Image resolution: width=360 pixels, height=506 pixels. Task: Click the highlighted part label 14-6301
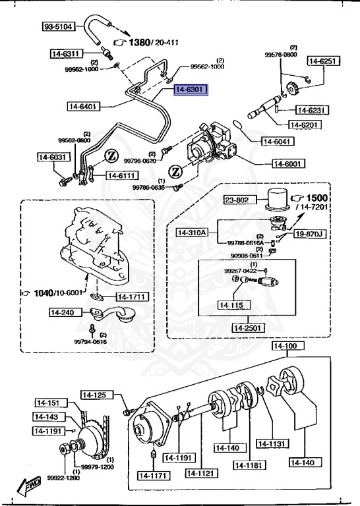[x=190, y=89]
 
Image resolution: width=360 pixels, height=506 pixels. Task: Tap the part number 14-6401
[x=82, y=105]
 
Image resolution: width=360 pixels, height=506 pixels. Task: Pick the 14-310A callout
[x=192, y=232]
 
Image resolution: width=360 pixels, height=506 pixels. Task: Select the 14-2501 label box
[x=248, y=327]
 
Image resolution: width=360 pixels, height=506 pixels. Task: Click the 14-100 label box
[x=285, y=346]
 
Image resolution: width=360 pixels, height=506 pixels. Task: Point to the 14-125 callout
[x=94, y=395]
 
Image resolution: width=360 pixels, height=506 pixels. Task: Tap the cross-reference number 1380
[x=139, y=42]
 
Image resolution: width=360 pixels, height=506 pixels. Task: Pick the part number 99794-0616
[x=90, y=341]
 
